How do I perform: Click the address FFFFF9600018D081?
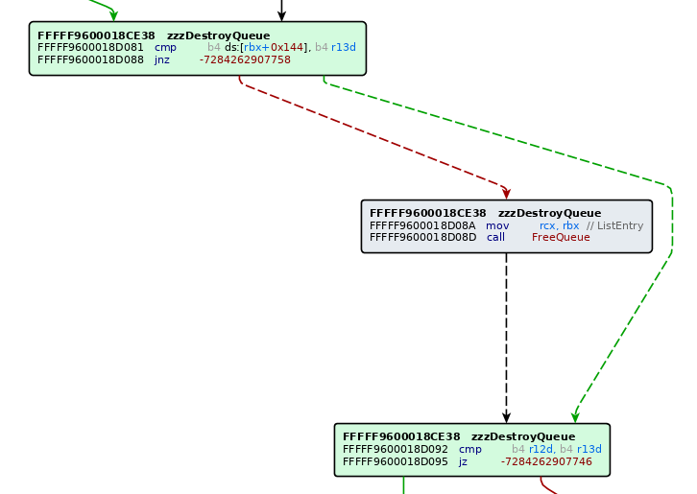point(90,47)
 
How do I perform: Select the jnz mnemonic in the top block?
point(161,59)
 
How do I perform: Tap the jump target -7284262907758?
point(245,59)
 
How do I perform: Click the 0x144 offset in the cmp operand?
point(287,47)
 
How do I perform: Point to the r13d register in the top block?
point(343,47)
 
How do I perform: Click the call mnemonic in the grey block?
point(495,237)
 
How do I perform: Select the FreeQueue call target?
point(561,237)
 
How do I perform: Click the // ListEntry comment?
point(614,225)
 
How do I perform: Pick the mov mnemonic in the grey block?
point(497,225)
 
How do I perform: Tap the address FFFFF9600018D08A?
point(422,225)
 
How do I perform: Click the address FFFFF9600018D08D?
point(422,237)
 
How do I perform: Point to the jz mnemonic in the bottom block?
point(463,461)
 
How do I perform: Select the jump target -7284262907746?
point(546,461)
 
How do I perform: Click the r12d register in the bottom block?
point(541,449)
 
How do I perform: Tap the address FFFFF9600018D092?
point(396,449)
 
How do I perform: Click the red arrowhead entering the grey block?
point(506,193)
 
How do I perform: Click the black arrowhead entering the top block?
point(281,15)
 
